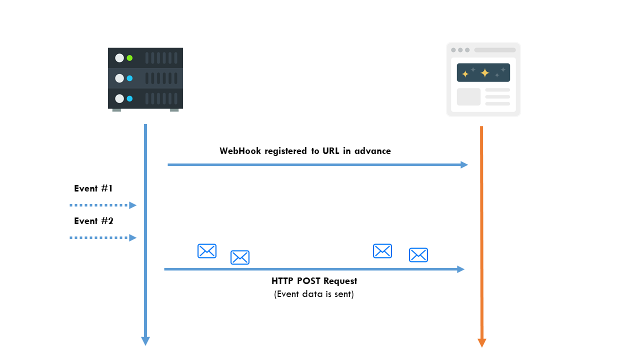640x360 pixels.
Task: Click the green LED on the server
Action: [x=129, y=58]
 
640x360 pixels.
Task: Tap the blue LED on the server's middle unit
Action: [x=129, y=78]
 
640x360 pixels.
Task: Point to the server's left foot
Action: [x=116, y=109]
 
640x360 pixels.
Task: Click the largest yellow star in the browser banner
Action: [x=484, y=73]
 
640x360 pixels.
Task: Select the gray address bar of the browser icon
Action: [x=494, y=50]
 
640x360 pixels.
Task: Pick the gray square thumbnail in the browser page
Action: [x=468, y=97]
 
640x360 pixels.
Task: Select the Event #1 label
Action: [x=93, y=188]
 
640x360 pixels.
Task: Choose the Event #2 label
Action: [x=93, y=221]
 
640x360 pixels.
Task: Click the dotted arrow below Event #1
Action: [x=102, y=205]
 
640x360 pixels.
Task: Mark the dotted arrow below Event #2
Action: [x=102, y=237]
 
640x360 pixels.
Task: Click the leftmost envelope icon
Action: [x=207, y=251]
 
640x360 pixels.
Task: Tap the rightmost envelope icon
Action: [x=418, y=255]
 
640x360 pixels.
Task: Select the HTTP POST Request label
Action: [x=314, y=281]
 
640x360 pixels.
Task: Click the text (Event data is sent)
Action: [x=314, y=294]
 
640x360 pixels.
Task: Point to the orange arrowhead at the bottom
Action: [x=482, y=342]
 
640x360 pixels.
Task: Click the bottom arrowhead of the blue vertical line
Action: [x=145, y=341]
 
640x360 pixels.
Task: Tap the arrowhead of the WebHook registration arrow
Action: [x=464, y=164]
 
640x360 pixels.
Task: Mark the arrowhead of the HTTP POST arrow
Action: [x=461, y=269]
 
